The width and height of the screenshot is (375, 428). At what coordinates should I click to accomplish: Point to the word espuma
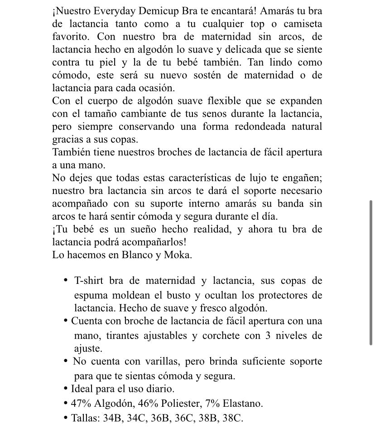91,295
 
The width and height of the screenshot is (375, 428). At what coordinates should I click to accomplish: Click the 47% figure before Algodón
81,404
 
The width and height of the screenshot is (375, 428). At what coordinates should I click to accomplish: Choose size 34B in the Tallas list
112,418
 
